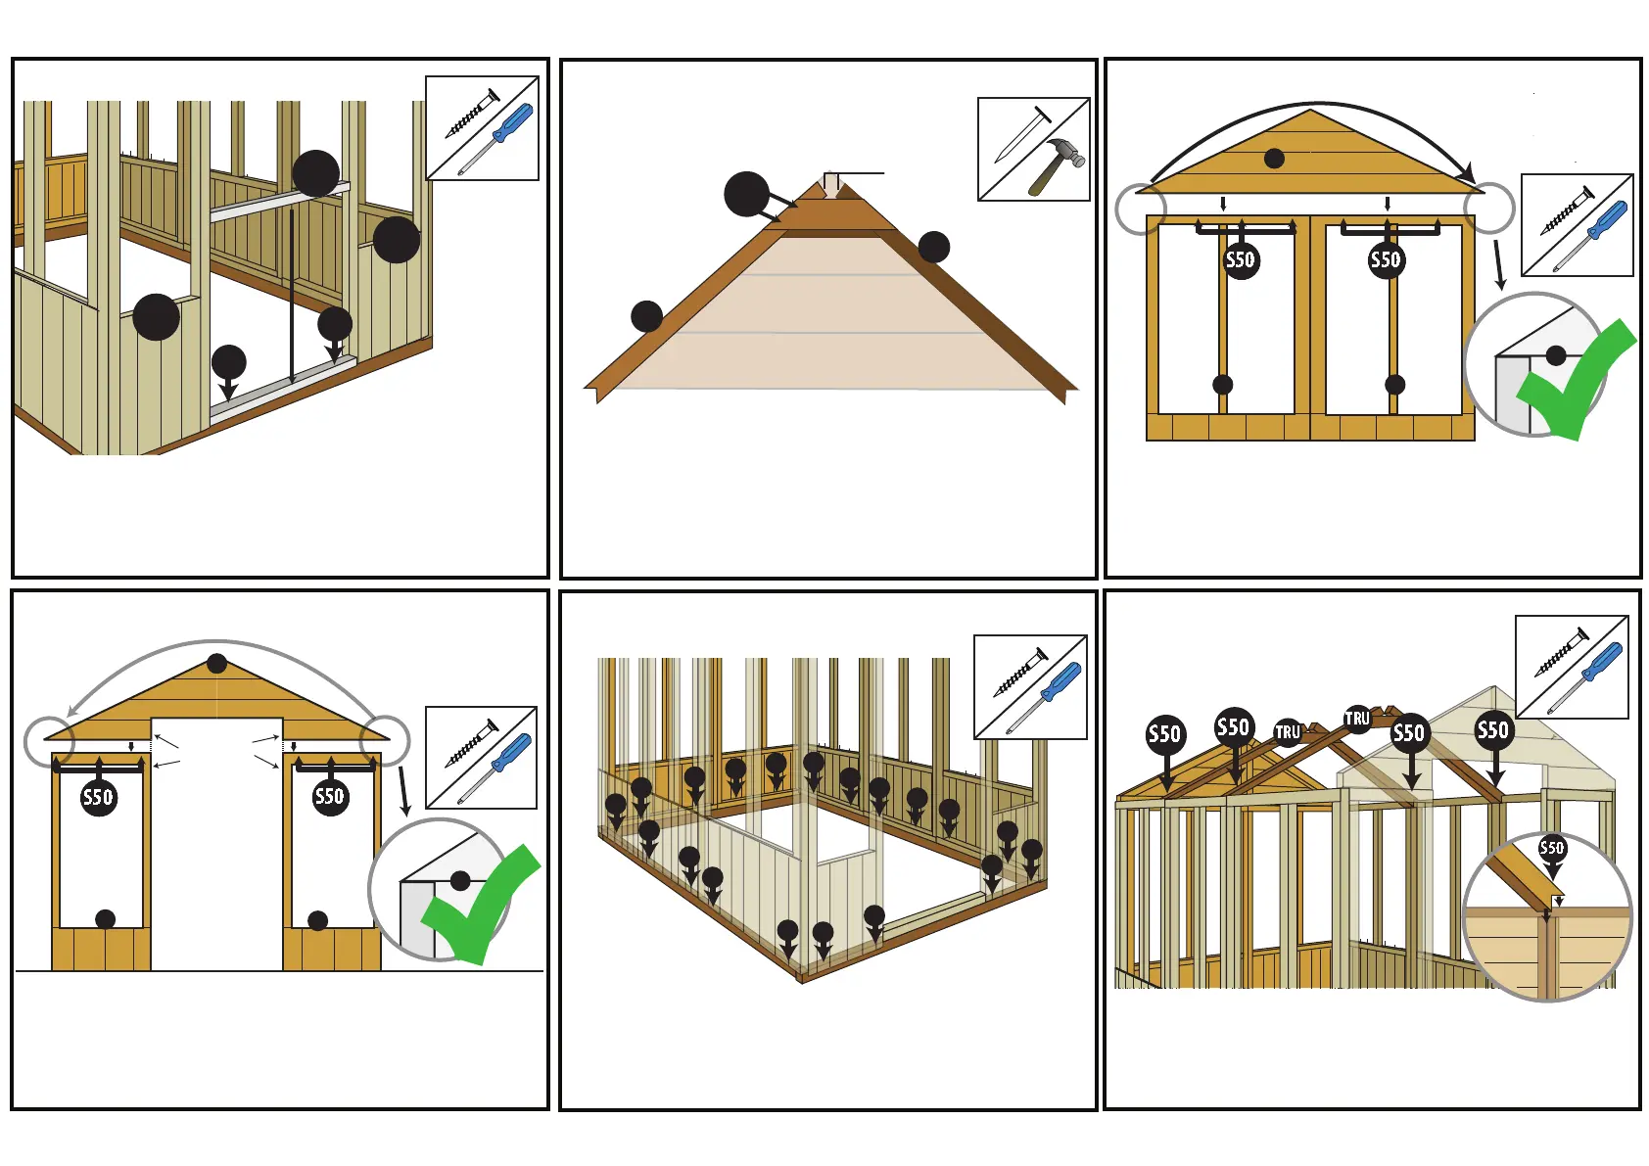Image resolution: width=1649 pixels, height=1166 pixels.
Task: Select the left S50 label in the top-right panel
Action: (x=1241, y=260)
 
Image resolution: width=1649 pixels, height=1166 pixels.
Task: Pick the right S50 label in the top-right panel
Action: (x=1386, y=260)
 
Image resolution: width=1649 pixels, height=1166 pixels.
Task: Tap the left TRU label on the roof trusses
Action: (x=1287, y=732)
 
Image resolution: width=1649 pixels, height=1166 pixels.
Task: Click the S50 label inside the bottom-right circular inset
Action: (x=1552, y=848)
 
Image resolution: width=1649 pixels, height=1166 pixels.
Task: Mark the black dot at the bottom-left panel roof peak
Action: (x=217, y=664)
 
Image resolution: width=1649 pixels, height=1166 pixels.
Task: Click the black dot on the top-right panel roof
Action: (x=1274, y=159)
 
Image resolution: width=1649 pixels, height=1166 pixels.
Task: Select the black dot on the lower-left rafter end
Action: (x=646, y=316)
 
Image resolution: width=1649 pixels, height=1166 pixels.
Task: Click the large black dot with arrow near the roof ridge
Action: (x=747, y=194)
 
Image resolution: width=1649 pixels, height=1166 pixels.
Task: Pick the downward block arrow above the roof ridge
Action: (x=831, y=185)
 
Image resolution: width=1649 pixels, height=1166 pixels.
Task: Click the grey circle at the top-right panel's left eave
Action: (x=1141, y=209)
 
